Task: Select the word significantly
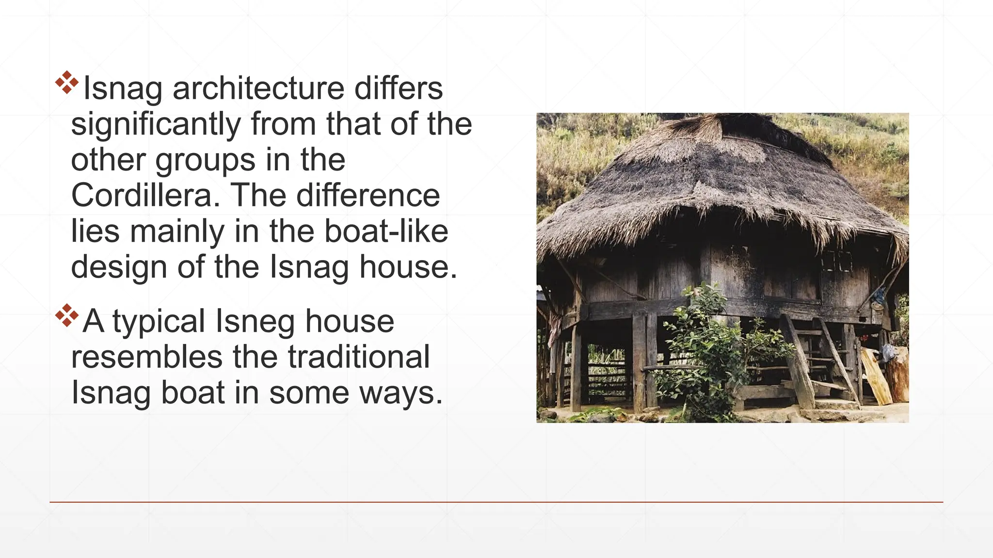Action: (156, 124)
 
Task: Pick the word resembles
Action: (146, 357)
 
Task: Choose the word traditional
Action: (358, 357)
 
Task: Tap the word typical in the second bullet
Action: (159, 322)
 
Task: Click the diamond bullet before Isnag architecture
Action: (67, 82)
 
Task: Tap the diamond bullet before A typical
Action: (67, 315)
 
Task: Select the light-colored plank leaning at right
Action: (876, 375)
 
